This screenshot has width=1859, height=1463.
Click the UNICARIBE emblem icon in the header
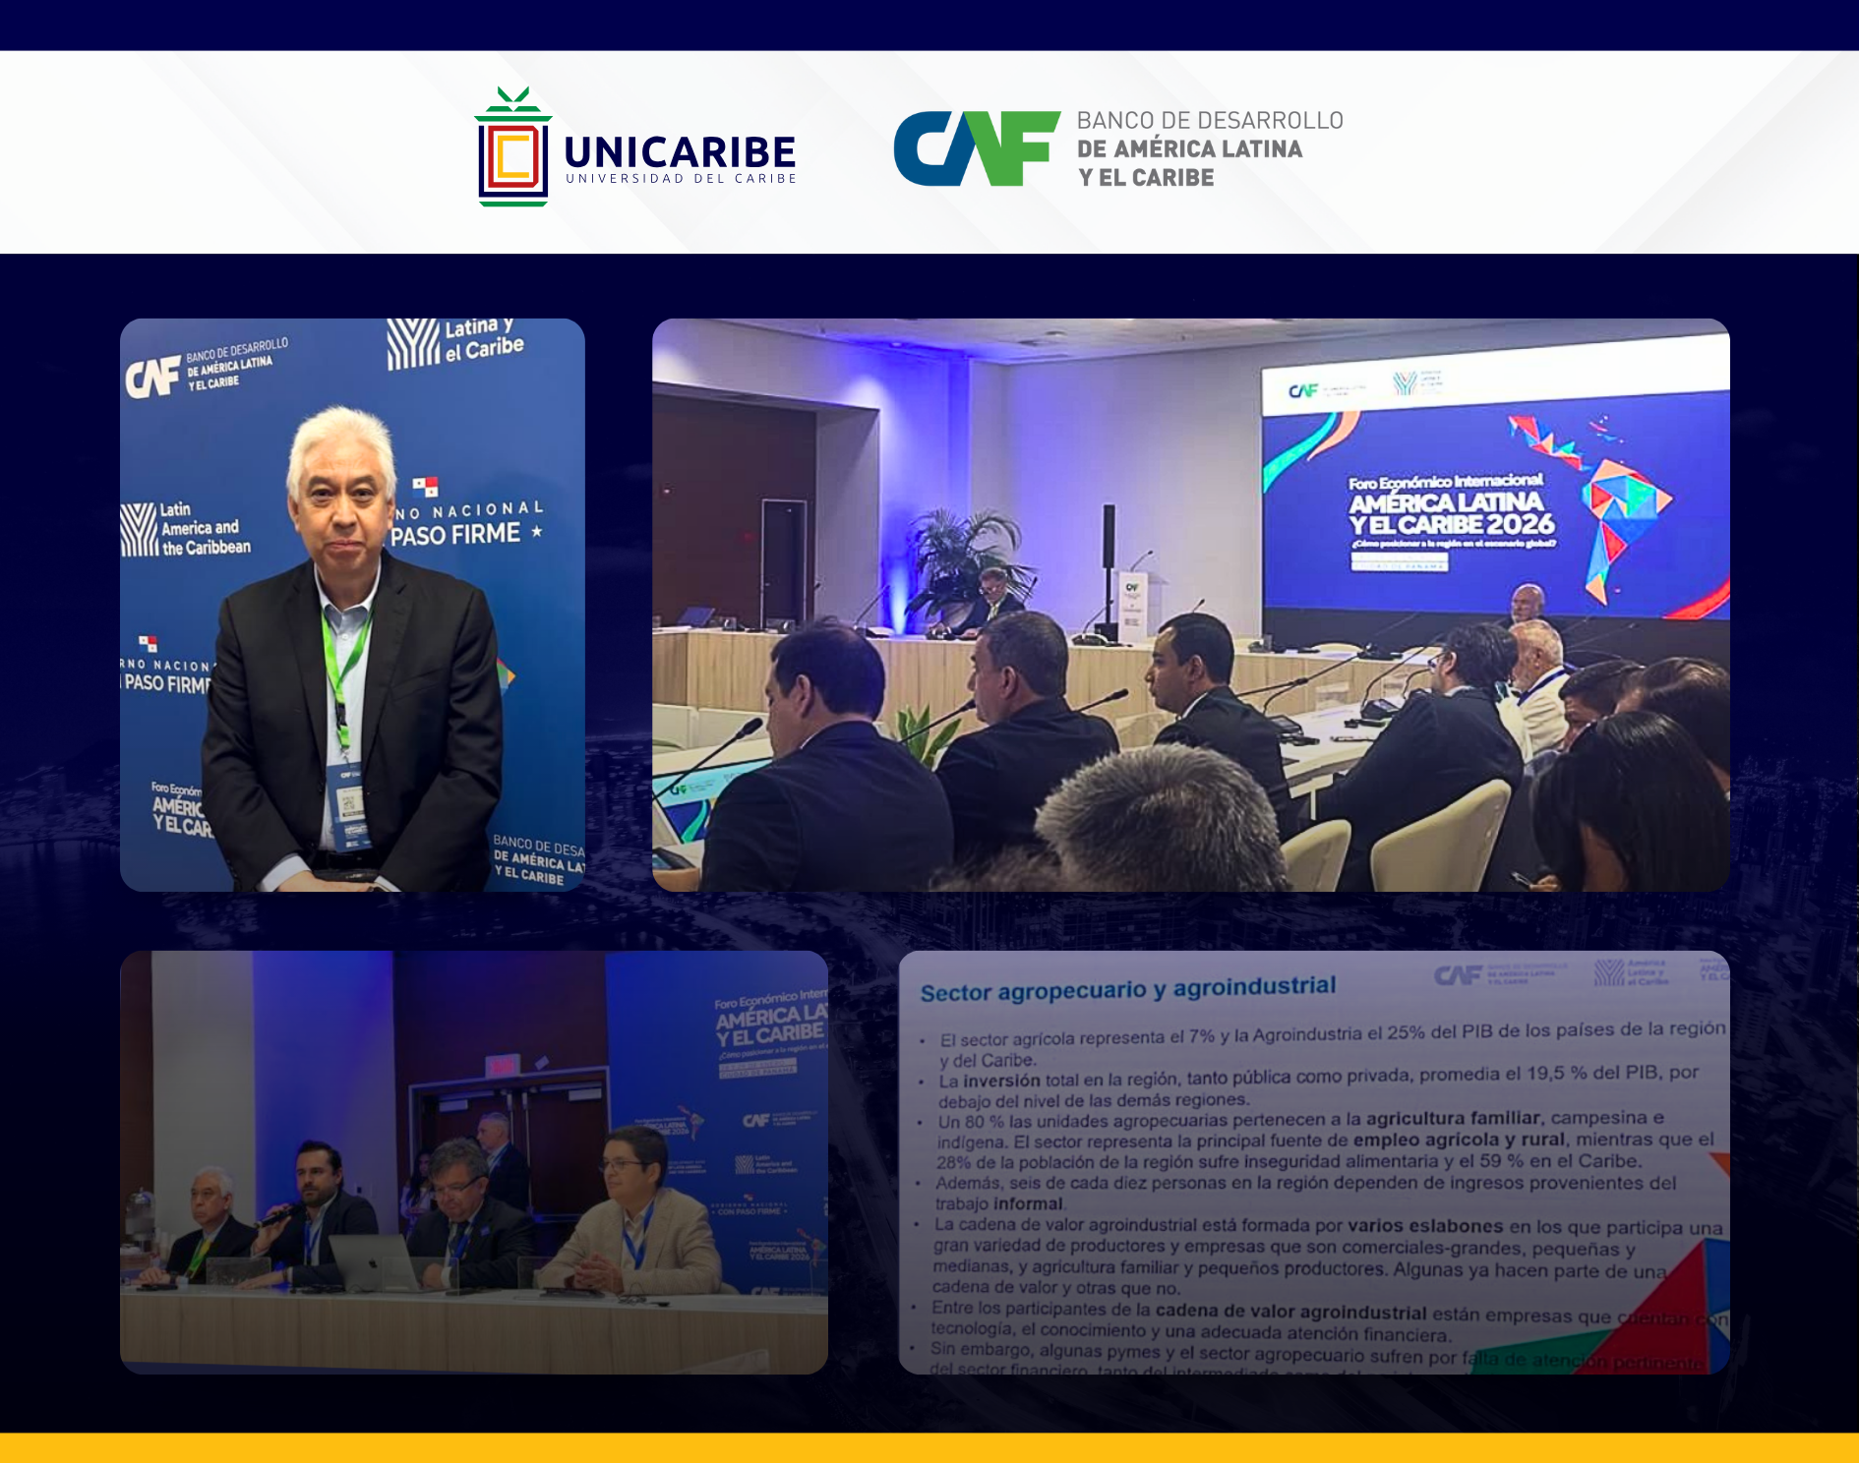click(x=512, y=149)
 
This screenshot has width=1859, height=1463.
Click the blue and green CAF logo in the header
click(x=976, y=148)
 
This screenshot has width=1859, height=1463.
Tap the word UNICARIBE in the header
click(x=680, y=152)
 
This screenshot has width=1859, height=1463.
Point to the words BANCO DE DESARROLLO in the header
click(x=1209, y=121)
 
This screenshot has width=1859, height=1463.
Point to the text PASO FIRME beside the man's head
click(x=455, y=534)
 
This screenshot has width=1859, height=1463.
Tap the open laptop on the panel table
click(x=377, y=1262)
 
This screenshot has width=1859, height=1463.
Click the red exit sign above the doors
click(x=502, y=1065)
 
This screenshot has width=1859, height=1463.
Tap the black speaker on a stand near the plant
click(x=1109, y=536)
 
